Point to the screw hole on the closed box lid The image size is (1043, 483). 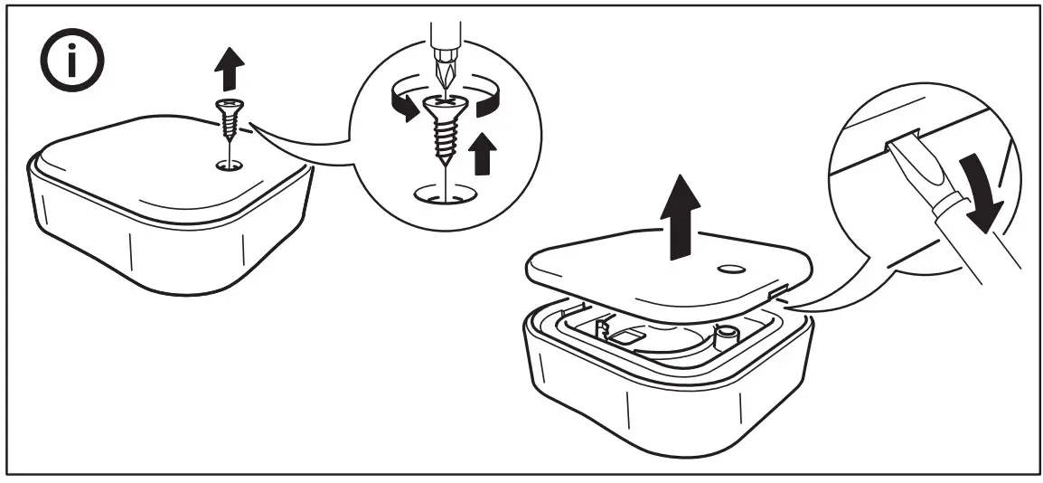[229, 166]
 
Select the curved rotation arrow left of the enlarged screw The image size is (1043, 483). [399, 101]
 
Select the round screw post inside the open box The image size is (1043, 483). [723, 337]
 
